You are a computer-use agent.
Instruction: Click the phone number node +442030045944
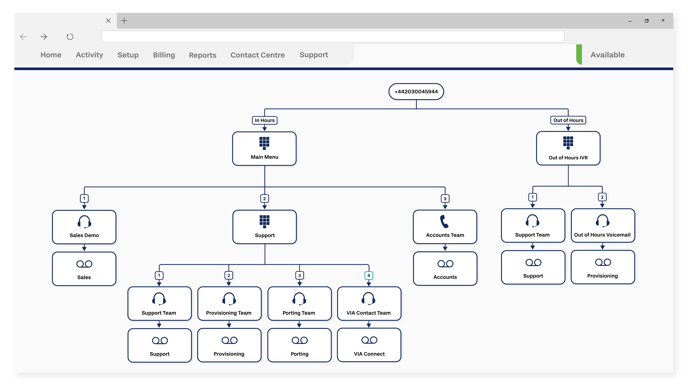coord(416,92)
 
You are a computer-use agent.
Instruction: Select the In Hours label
coord(264,120)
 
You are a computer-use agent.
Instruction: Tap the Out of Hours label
coord(568,120)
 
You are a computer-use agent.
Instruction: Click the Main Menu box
coord(264,148)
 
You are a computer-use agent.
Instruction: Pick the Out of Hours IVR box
coord(568,148)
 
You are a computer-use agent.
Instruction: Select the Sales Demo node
coord(84,227)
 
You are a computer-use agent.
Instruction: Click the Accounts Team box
coord(445,227)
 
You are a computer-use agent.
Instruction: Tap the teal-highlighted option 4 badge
coord(369,275)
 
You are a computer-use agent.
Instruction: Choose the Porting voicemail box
coord(299,345)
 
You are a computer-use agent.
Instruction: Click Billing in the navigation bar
coord(164,55)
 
